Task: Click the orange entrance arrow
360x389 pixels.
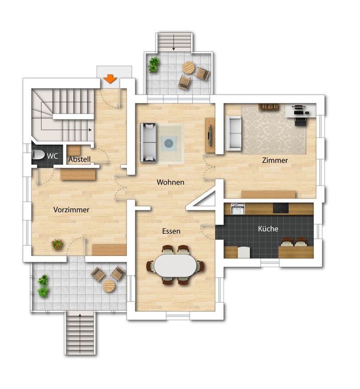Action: [x=110, y=78]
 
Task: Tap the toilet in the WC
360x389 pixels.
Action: [x=38, y=155]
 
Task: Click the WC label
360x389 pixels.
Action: [x=52, y=156]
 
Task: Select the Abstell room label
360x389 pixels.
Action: [x=79, y=159]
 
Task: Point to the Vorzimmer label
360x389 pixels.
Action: [x=71, y=210]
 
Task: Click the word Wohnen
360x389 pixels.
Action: [x=170, y=182]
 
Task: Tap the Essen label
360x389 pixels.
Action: [x=171, y=231]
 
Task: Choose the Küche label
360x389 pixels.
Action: [x=268, y=228]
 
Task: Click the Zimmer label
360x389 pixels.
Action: [x=275, y=160]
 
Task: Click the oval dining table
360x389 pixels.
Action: [x=175, y=265]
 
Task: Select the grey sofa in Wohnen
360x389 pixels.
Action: [x=148, y=142]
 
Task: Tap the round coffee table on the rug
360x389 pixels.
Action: [x=169, y=143]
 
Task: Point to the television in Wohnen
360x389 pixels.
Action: [x=210, y=135]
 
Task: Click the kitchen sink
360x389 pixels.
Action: [x=238, y=208]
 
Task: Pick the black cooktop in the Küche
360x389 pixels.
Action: [x=281, y=208]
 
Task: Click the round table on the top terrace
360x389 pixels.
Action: [x=189, y=67]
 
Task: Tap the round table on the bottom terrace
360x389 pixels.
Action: [x=109, y=286]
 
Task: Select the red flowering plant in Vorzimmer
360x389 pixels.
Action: [x=57, y=244]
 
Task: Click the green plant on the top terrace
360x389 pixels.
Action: [x=154, y=65]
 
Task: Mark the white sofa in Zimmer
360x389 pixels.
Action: [x=234, y=134]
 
